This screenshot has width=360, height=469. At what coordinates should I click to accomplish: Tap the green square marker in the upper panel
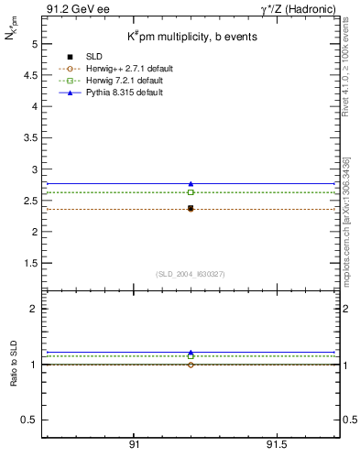click(x=191, y=192)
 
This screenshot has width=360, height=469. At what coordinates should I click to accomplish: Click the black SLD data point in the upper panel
click(x=191, y=208)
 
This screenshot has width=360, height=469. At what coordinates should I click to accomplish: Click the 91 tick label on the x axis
click(x=134, y=444)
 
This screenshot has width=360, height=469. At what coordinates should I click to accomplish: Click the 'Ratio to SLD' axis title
click(x=14, y=365)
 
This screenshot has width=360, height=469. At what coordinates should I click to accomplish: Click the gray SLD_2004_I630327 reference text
click(x=191, y=274)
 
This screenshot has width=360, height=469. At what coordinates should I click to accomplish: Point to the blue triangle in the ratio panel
click(x=191, y=353)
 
